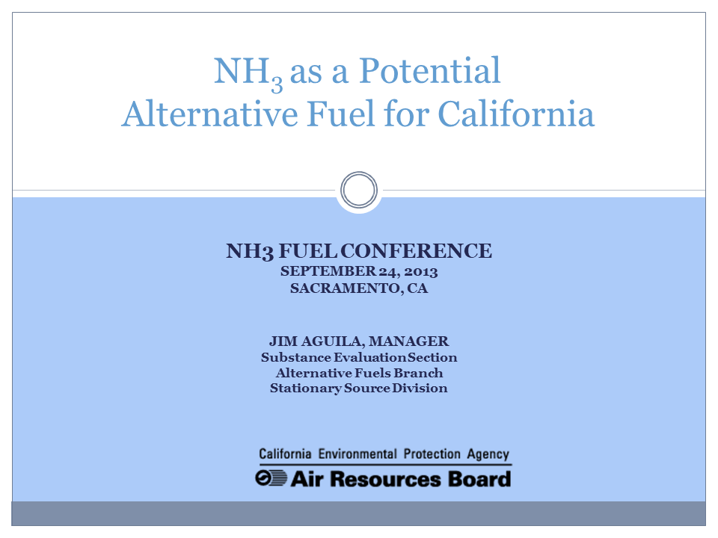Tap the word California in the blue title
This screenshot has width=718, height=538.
[516, 114]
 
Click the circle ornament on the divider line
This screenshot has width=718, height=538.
[358, 190]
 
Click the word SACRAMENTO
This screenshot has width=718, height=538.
[345, 288]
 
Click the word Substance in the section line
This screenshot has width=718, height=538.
[295, 357]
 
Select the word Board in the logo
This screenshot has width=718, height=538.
[479, 478]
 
